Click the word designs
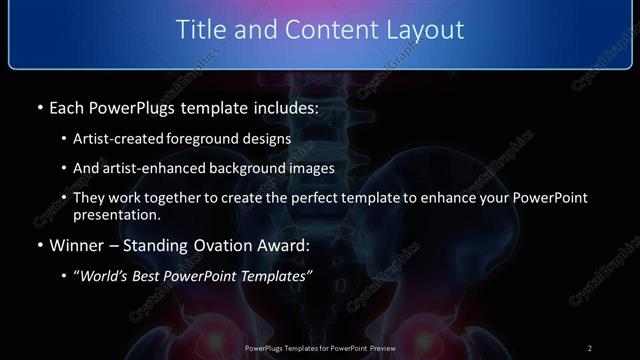(x=265, y=139)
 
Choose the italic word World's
(x=105, y=275)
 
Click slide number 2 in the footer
(x=589, y=348)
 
